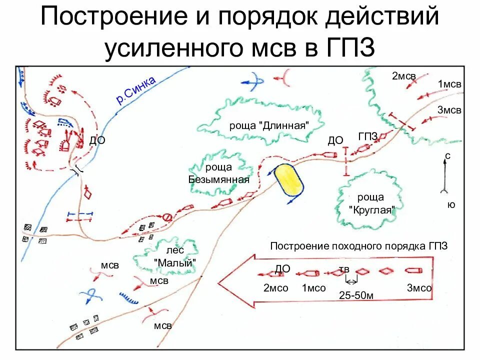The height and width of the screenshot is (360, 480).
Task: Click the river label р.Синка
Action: (136, 90)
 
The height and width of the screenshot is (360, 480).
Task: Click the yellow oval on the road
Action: (288, 179)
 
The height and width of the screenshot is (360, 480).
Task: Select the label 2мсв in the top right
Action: (404, 76)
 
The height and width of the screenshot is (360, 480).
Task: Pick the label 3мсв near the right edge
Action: (449, 110)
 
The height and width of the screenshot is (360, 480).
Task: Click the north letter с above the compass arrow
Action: (447, 156)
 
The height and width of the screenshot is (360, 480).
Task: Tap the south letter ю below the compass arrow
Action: (451, 204)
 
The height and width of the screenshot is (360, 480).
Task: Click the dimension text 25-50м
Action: (356, 295)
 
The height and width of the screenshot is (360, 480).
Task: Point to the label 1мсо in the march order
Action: (314, 288)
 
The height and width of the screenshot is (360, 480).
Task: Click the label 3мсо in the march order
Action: (419, 288)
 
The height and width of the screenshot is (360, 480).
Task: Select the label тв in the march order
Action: (344, 270)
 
